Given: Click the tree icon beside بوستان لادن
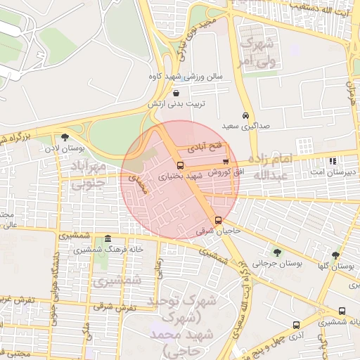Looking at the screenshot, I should pos(65,138).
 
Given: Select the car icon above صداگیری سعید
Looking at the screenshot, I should pos(245,115).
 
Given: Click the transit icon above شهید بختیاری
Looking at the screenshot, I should pos(180,166).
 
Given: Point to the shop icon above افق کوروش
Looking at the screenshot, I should pos(225,162).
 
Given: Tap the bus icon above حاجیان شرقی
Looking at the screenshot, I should pos(217,220).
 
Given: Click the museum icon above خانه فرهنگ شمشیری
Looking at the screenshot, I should pos(107,239).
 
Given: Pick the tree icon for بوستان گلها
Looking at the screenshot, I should pos(335,255).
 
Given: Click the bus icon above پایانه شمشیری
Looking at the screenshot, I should pos(342,311).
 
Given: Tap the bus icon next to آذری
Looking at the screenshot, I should pos(296,326).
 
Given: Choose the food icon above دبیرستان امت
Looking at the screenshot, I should pos(332,161).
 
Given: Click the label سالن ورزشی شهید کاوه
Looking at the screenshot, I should pos(185,75).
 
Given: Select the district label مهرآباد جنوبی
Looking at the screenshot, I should pos(90,174).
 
